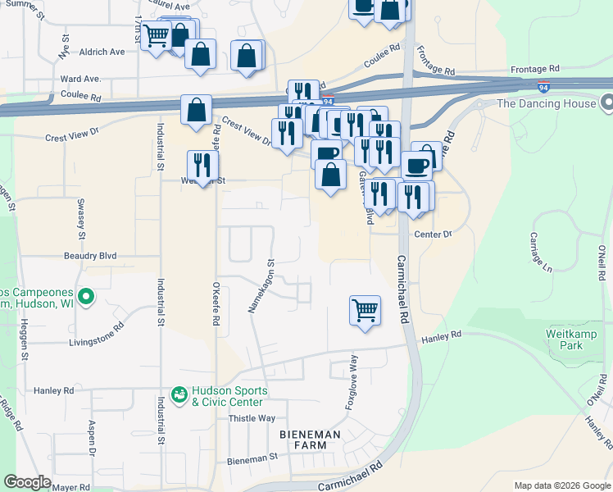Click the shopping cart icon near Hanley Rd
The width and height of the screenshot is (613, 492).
(365, 311)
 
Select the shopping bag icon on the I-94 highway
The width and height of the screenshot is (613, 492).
(196, 110)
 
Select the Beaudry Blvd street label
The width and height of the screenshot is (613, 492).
(90, 256)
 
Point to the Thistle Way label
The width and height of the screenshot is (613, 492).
(252, 418)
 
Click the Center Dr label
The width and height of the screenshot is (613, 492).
(433, 235)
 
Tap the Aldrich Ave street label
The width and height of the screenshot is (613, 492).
(102, 52)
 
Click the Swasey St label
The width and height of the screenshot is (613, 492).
(82, 217)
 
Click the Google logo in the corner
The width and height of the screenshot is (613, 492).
(27, 482)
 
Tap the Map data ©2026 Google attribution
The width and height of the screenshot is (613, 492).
(561, 485)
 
